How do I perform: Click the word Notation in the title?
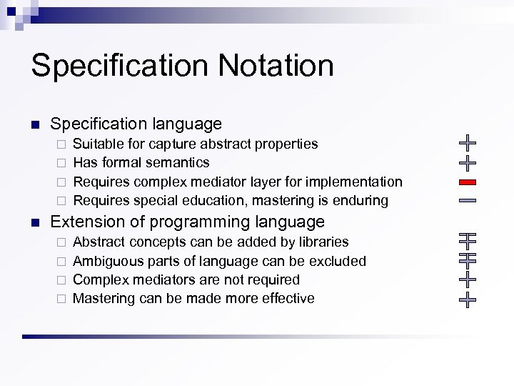[x=276, y=66]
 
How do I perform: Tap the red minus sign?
[x=468, y=182]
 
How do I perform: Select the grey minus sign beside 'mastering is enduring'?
[x=468, y=201]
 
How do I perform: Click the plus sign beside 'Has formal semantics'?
[x=468, y=163]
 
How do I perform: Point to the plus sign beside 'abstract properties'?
[x=468, y=143]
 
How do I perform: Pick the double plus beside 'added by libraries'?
[x=468, y=240]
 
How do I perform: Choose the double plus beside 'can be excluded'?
[x=468, y=259]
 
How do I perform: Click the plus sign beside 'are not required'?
[x=468, y=279]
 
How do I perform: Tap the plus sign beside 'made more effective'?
[x=468, y=298]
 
